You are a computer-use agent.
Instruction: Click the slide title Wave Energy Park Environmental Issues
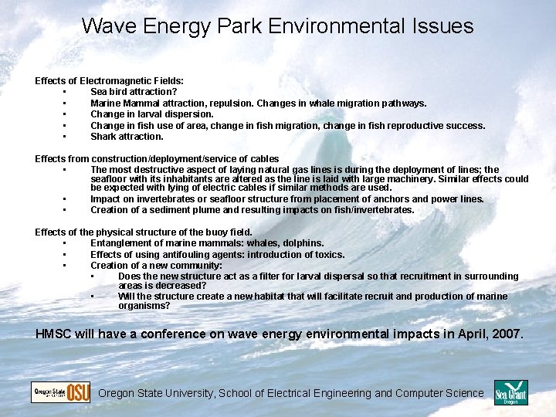[x=277, y=26]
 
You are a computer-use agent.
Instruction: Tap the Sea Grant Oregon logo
[x=510, y=392]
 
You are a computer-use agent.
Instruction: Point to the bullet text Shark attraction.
[x=127, y=137]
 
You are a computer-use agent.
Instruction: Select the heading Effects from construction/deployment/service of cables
[x=157, y=159]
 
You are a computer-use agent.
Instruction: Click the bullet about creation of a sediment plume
[x=252, y=209]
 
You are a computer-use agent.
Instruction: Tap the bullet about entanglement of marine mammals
[x=207, y=243]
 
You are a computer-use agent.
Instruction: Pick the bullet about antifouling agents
[x=217, y=254]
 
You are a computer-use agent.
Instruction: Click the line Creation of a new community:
[x=156, y=265]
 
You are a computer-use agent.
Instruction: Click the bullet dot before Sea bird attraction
[x=66, y=92]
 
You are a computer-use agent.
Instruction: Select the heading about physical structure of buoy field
[x=144, y=232]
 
